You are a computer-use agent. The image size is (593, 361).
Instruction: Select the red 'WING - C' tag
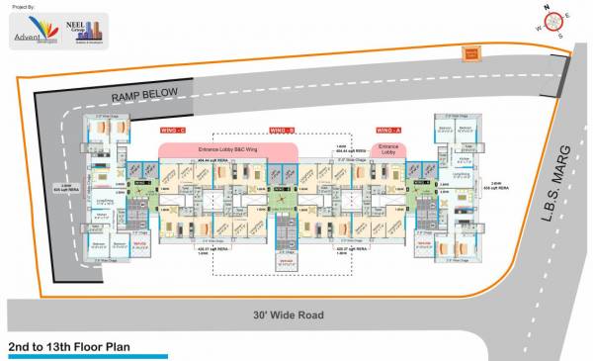[175, 130]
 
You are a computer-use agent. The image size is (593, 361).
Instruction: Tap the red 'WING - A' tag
[388, 130]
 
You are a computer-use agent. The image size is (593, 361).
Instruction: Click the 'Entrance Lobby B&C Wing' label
[228, 146]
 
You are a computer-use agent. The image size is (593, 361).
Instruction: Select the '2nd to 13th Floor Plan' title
[69, 348]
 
